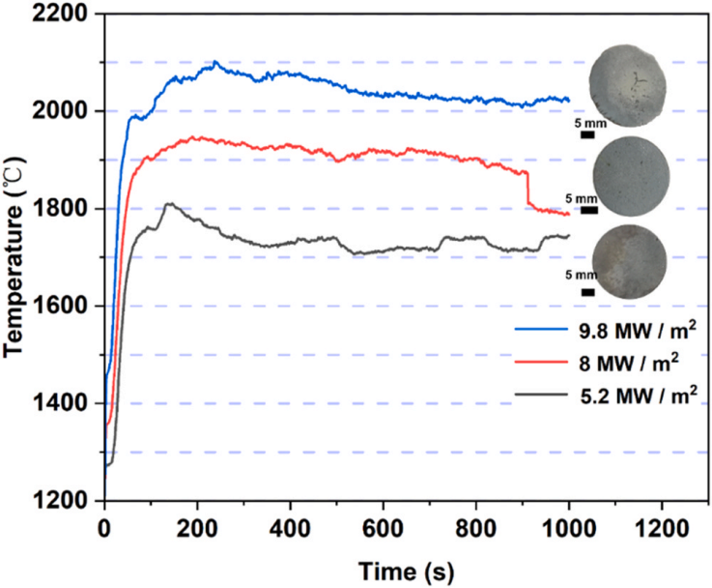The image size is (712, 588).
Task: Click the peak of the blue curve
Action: tap(215, 62)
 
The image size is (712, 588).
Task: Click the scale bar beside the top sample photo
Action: tap(587, 134)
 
